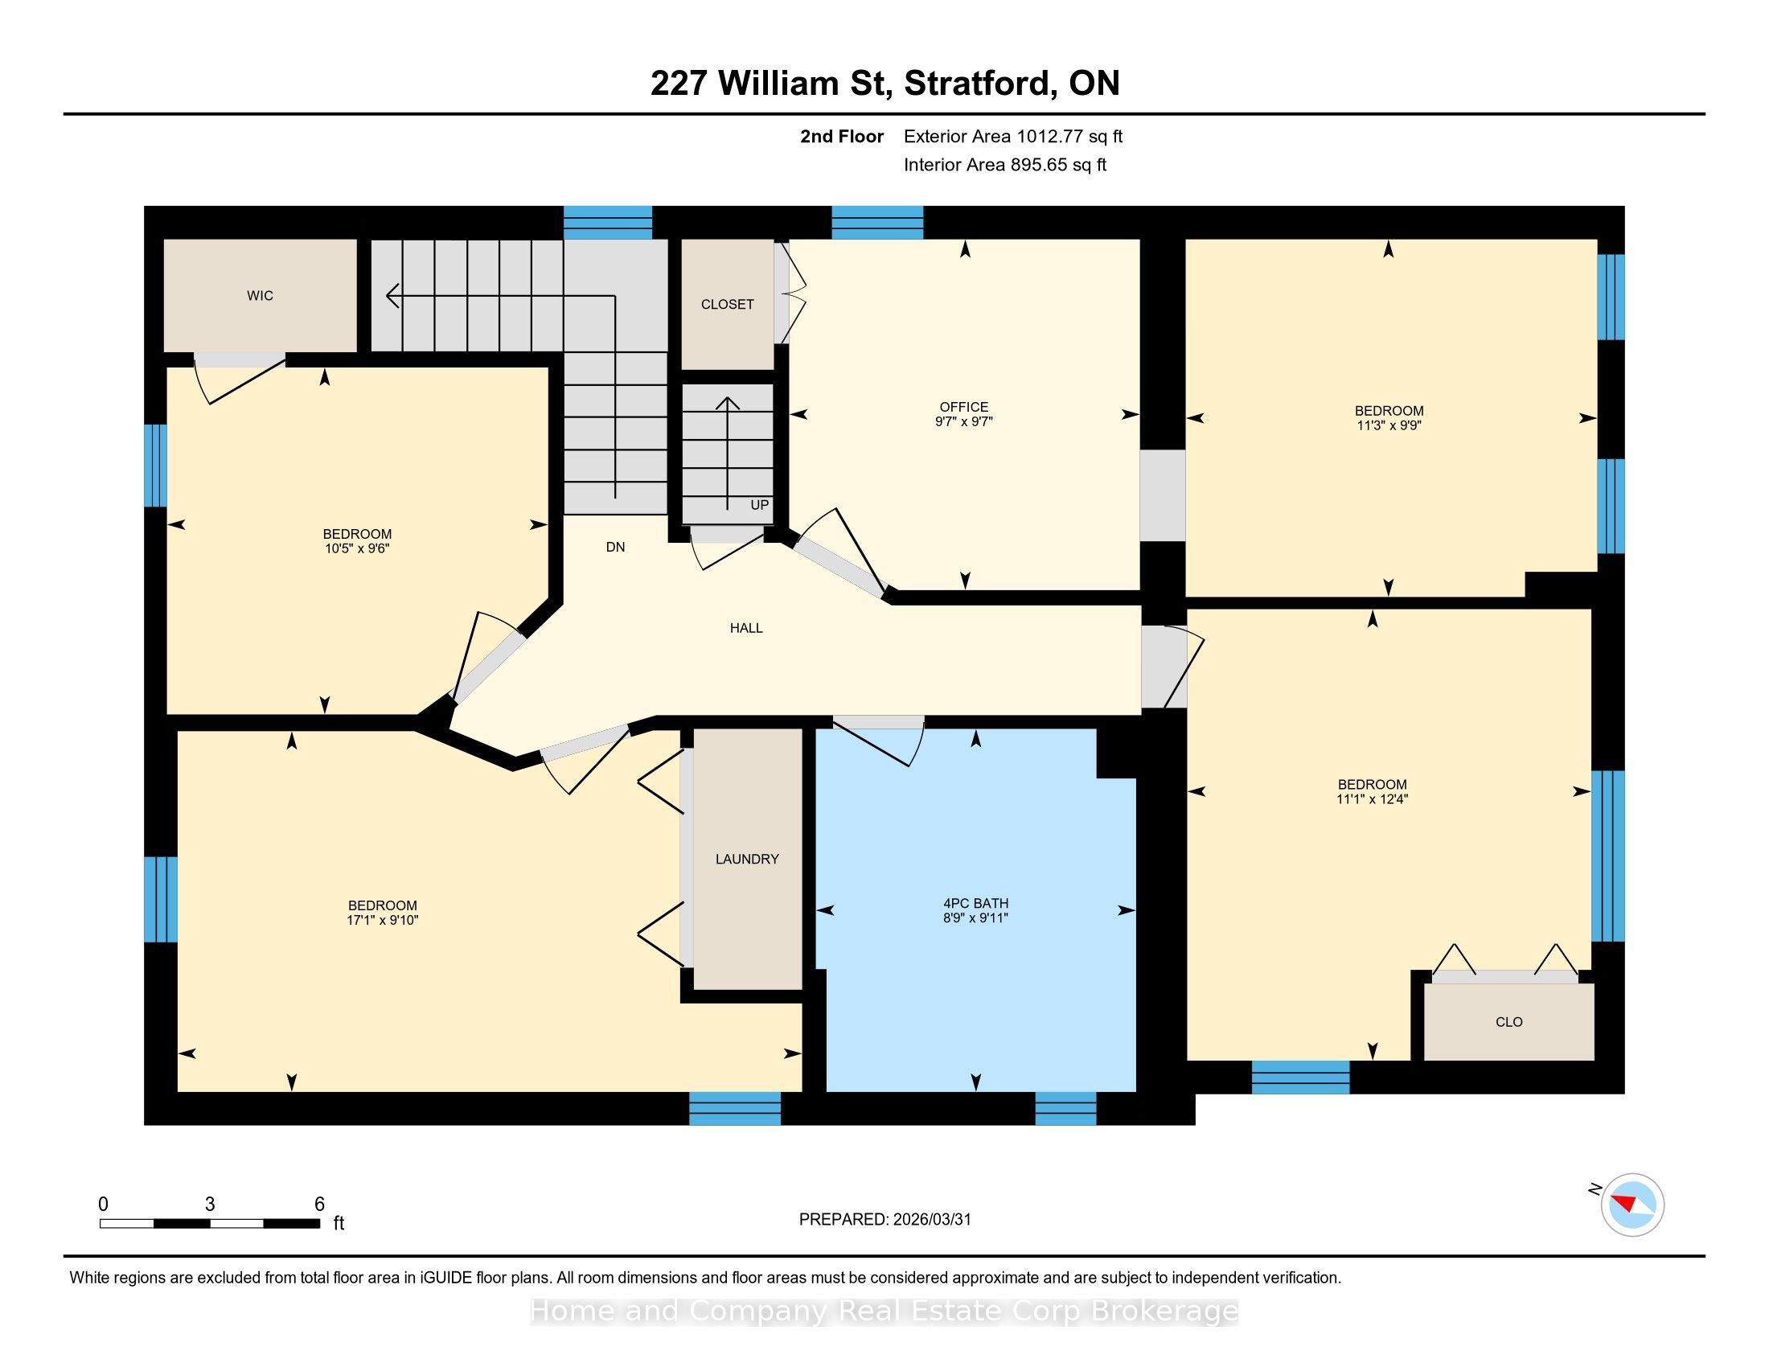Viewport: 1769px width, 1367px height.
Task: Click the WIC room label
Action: (x=260, y=296)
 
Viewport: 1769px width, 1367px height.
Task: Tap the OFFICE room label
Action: (x=964, y=407)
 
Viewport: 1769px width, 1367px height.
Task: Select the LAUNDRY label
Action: (x=747, y=859)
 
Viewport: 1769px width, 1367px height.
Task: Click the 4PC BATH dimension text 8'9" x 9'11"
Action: (x=975, y=917)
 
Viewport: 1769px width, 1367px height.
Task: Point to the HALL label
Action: (x=746, y=628)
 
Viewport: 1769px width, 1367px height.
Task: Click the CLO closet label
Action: (x=1509, y=1022)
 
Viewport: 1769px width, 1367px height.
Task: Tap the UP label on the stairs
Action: (x=759, y=504)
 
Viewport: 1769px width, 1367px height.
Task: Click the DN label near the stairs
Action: (x=616, y=547)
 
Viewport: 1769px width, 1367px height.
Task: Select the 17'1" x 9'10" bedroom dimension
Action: (x=382, y=920)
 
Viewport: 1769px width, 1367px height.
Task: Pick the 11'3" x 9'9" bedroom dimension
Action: (x=1389, y=425)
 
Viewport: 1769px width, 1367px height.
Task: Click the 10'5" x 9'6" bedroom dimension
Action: (x=357, y=548)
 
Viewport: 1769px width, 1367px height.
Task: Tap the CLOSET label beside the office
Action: (x=728, y=305)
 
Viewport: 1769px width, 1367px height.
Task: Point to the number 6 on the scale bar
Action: (x=319, y=1204)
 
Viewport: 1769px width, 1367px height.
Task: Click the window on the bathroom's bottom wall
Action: (x=1066, y=1108)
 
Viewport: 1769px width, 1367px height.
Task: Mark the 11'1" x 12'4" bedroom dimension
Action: (x=1372, y=798)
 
